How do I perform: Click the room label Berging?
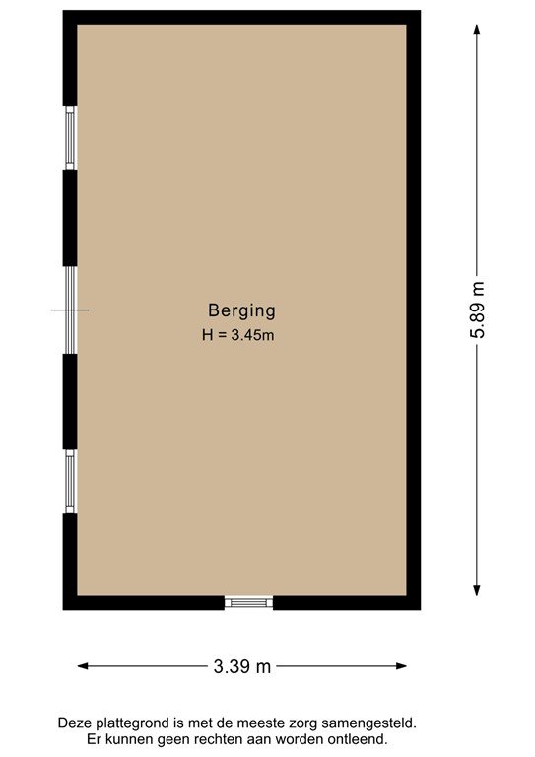click(241, 310)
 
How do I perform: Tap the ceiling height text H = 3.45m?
click(237, 335)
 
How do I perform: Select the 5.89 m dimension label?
click(478, 310)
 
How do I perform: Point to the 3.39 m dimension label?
click(241, 666)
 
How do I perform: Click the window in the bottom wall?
click(248, 602)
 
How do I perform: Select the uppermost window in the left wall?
click(70, 137)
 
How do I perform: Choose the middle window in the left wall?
click(70, 310)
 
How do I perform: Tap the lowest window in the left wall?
click(70, 481)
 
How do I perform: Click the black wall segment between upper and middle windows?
click(70, 218)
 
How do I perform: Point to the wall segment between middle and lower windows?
click(70, 401)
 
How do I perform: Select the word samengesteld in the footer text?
click(376, 723)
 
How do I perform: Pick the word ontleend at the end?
click(358, 738)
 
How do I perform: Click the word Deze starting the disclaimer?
click(77, 723)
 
